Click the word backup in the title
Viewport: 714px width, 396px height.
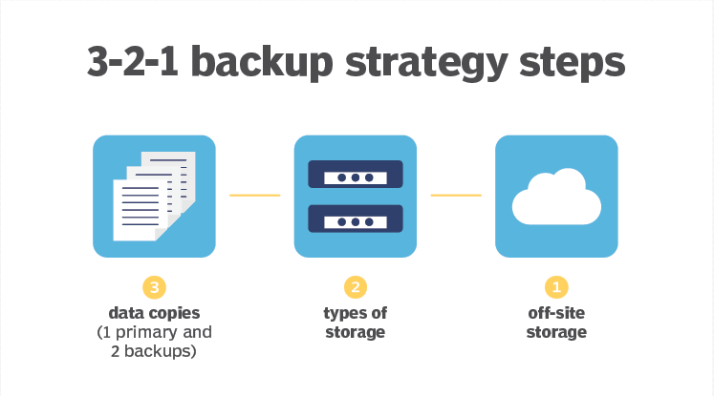(262, 62)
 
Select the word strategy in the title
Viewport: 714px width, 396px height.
(426, 64)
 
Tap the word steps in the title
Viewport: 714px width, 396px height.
(573, 64)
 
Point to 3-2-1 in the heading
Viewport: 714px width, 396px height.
(132, 61)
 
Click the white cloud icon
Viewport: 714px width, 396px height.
(556, 197)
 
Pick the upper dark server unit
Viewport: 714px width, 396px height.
(356, 174)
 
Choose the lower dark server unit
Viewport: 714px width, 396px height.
(356, 219)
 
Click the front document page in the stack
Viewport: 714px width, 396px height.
(140, 210)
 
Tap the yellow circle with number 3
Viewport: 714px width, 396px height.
(155, 287)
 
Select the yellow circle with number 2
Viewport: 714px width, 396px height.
(356, 287)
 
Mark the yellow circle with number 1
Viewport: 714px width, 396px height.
(556, 287)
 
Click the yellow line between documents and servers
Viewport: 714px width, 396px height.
(255, 195)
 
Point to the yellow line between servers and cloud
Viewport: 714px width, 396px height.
(456, 195)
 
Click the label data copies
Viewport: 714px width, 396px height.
(155, 313)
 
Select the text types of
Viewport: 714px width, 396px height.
(356, 313)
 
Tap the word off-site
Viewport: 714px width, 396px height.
(556, 313)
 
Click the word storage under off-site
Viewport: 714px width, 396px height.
(556, 333)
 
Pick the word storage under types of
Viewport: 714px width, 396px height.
(356, 333)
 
